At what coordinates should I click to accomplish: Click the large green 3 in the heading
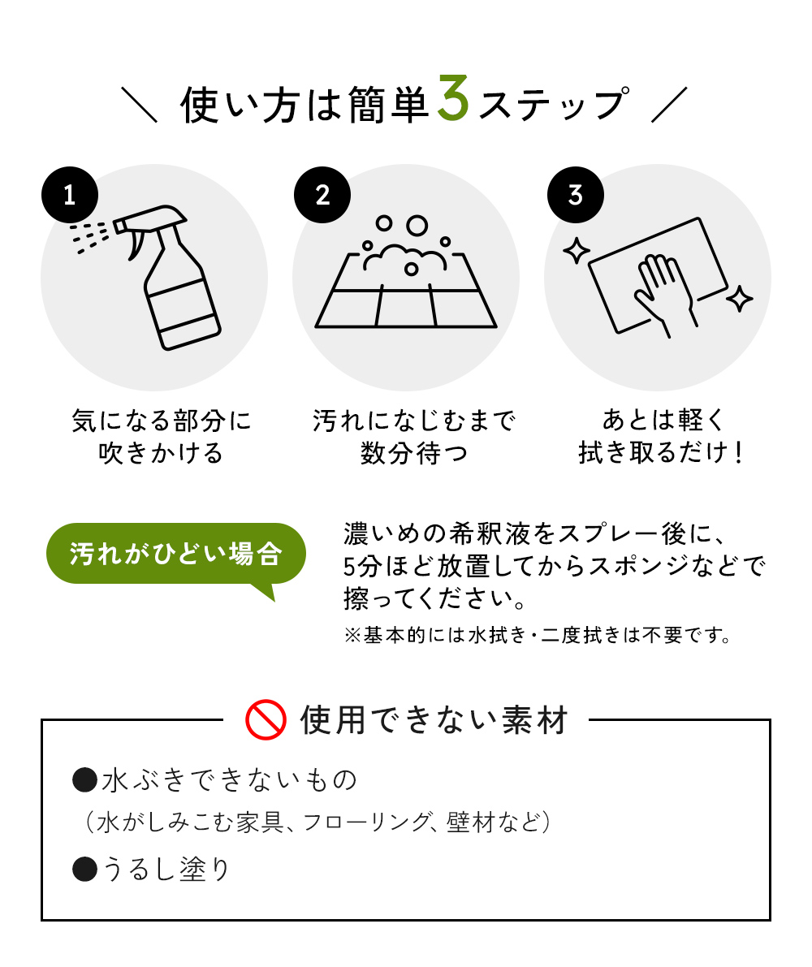[x=453, y=100]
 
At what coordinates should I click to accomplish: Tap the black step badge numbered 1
[x=70, y=195]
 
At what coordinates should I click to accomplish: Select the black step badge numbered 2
[x=322, y=195]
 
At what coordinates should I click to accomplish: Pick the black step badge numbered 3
[x=575, y=195]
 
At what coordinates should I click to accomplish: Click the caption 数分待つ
[x=414, y=452]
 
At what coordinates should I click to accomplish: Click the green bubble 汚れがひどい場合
[x=175, y=554]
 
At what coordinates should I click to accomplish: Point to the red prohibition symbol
[x=266, y=719]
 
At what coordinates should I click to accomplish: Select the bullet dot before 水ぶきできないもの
[x=84, y=781]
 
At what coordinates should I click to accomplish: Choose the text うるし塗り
[x=166, y=869]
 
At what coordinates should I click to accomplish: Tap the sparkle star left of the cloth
[x=576, y=251]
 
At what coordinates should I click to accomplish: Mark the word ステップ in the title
[x=552, y=106]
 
